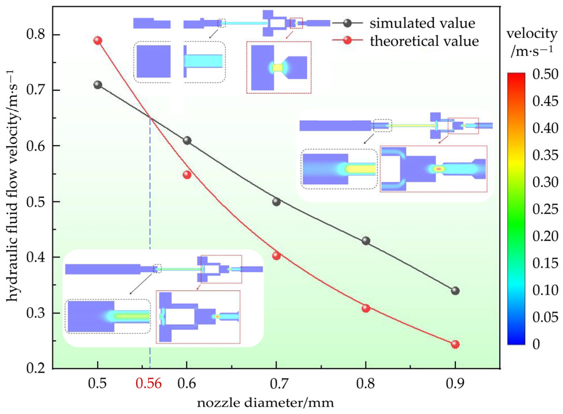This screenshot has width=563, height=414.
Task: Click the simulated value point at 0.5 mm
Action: pyautogui.click(x=98, y=85)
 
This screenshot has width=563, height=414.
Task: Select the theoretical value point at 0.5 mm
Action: pyautogui.click(x=98, y=40)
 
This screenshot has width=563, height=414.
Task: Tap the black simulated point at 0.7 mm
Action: pyautogui.click(x=276, y=202)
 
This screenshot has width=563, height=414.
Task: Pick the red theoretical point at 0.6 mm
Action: pyautogui.click(x=187, y=175)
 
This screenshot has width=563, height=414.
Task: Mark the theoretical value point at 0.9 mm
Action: pyautogui.click(x=455, y=344)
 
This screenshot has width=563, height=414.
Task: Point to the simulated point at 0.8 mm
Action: pyautogui.click(x=366, y=241)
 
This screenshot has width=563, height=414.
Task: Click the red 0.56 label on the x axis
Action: pyautogui.click(x=149, y=383)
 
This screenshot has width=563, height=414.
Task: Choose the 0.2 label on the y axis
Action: pyautogui.click(x=36, y=368)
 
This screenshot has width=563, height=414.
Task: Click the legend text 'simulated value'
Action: pyautogui.click(x=422, y=23)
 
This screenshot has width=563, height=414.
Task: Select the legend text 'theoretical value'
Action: pyautogui.click(x=424, y=41)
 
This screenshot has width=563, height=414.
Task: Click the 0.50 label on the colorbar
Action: pyautogui.click(x=545, y=74)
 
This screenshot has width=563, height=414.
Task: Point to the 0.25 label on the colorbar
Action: pyautogui.click(x=545, y=209)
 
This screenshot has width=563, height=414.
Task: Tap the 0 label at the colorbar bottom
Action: pyautogui.click(x=536, y=344)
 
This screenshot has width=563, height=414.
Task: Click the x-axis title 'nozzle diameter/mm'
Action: pyautogui.click(x=265, y=403)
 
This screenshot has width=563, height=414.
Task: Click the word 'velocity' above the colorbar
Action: pyautogui.click(x=532, y=33)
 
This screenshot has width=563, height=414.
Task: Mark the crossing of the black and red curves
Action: pyautogui.click(x=150, y=118)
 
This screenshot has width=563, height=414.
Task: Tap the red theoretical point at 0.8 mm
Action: pyautogui.click(x=366, y=308)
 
